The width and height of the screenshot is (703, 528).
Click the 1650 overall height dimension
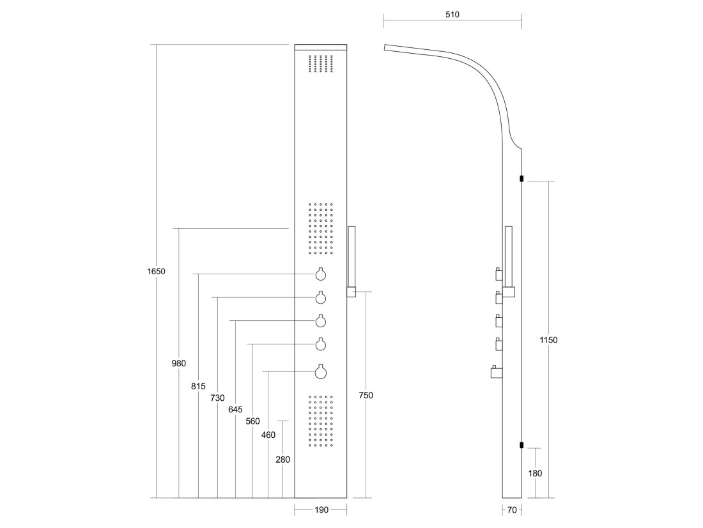(156, 272)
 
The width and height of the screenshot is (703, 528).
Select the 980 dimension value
(178, 363)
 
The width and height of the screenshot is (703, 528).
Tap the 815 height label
(198, 386)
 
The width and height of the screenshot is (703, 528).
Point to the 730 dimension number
(217, 398)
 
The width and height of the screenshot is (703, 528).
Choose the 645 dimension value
(235, 410)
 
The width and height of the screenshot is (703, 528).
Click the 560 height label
(253, 422)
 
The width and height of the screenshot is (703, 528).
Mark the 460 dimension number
(268, 435)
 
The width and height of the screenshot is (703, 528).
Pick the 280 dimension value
(283, 460)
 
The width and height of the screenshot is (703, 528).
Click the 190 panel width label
(321, 509)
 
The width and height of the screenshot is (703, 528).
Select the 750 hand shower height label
(366, 396)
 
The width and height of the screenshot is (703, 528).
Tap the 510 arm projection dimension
(452, 15)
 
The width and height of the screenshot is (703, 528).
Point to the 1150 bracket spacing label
(548, 340)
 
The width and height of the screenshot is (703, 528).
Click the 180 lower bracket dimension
(536, 473)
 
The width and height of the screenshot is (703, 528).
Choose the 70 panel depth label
(512, 509)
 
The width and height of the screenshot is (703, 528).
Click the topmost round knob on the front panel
(321, 274)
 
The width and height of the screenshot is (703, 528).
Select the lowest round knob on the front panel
(321, 372)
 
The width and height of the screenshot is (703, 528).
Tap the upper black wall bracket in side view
(521, 178)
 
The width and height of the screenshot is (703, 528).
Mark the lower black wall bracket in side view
(521, 445)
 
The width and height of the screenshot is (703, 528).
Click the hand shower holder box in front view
(351, 292)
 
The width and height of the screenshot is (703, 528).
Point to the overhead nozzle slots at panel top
(321, 63)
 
